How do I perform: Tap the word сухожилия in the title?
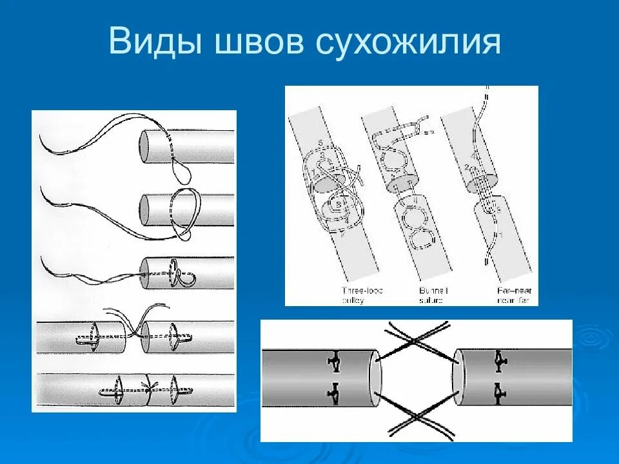pyautogui.click(x=408, y=42)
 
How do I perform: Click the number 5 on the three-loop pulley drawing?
pyautogui.click(x=320, y=143)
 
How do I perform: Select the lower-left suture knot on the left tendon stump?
pyautogui.click(x=334, y=390)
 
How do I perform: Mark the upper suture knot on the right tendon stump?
pyautogui.click(x=498, y=360)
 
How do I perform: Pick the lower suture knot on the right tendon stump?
pyautogui.click(x=498, y=390)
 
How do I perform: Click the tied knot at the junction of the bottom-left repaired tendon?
pyautogui.click(x=150, y=389)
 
